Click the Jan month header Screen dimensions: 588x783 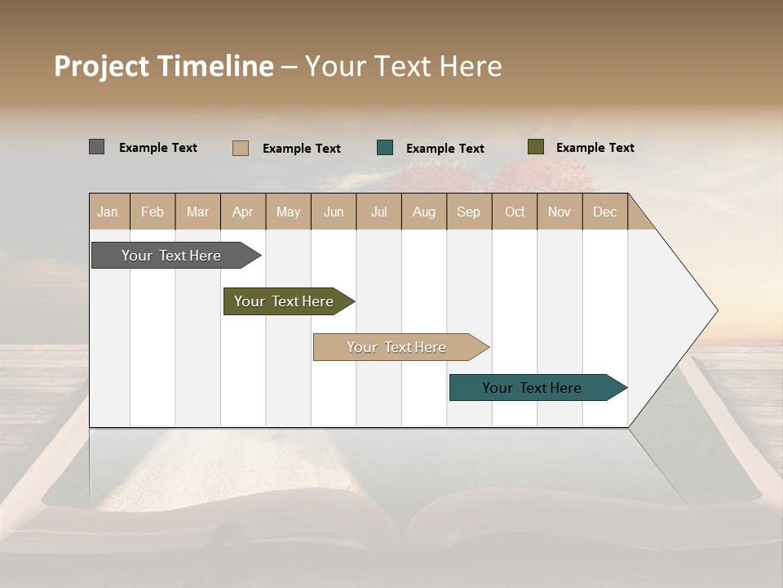pos(108,212)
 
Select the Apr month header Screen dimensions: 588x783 pos(242,212)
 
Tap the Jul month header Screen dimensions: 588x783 pos(378,212)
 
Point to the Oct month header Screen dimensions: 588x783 pos(515,212)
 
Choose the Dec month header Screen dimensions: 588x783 pos(604,212)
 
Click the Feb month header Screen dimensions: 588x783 pos(153,212)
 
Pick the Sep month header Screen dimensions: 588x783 pos(468,212)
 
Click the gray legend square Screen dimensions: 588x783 pos(96,147)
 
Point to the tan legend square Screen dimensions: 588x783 pos(240,148)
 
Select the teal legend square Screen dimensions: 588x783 pos(385,148)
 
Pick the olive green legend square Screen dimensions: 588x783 pos(535,147)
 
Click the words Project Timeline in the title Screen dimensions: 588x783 pos(164,66)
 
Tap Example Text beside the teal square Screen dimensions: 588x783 pos(445,149)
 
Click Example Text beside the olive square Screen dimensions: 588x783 pos(595,148)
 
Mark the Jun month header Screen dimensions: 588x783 pos(334,212)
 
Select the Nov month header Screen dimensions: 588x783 pos(560,212)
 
